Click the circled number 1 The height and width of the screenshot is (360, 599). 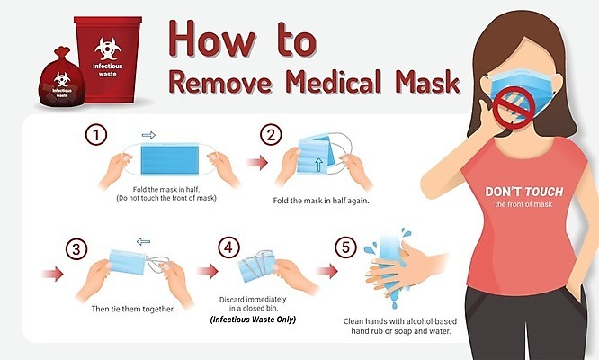tap(96, 135)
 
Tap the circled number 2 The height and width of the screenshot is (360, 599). tap(271, 135)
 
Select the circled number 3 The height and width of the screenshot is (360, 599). tap(76, 249)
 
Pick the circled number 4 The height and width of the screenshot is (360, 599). tap(228, 247)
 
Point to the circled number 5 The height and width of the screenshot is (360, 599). tap(345, 247)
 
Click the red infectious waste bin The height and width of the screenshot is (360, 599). tap(108, 59)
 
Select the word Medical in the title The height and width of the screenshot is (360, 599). tap(333, 81)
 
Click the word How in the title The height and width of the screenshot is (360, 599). tap(211, 40)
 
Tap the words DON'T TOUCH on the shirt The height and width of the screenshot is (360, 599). tap(524, 192)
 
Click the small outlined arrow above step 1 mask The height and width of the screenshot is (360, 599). tap(148, 135)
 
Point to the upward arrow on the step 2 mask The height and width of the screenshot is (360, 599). tap(318, 165)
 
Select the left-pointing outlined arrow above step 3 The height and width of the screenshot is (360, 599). tap(143, 241)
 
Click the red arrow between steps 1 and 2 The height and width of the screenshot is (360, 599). tap(256, 163)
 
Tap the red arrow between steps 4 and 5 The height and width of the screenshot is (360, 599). tap(327, 271)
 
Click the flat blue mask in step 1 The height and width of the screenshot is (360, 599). tap(170, 159)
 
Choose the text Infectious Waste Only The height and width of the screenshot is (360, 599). tap(253, 319)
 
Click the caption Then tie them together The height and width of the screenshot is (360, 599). tap(133, 309)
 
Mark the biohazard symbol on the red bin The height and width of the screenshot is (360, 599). tap(108, 49)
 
